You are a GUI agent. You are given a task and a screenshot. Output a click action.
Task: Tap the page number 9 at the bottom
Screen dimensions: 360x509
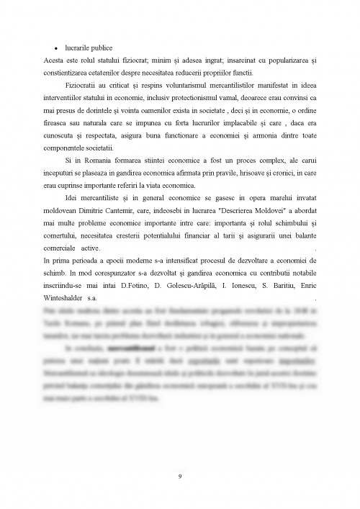point(180,474)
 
